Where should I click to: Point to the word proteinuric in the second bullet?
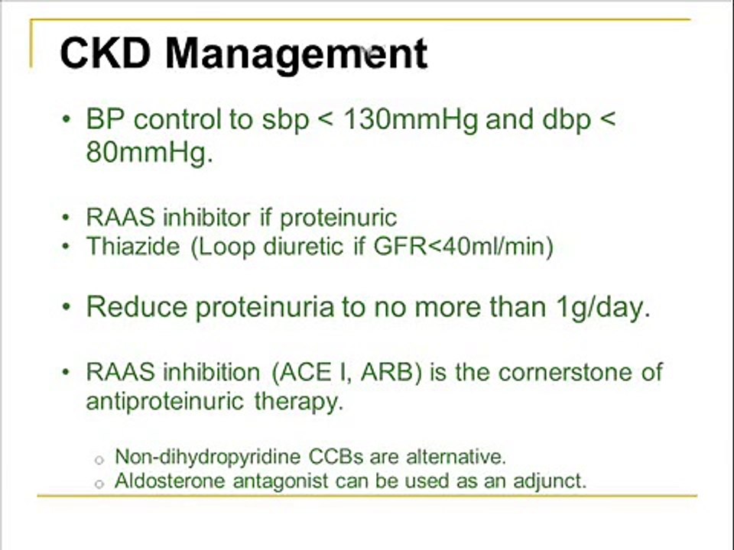pyautogui.click(x=338, y=218)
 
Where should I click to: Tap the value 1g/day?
pyautogui.click(x=604, y=307)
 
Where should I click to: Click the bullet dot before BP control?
pyautogui.click(x=67, y=121)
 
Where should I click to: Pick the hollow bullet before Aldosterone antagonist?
pyautogui.click(x=98, y=484)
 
